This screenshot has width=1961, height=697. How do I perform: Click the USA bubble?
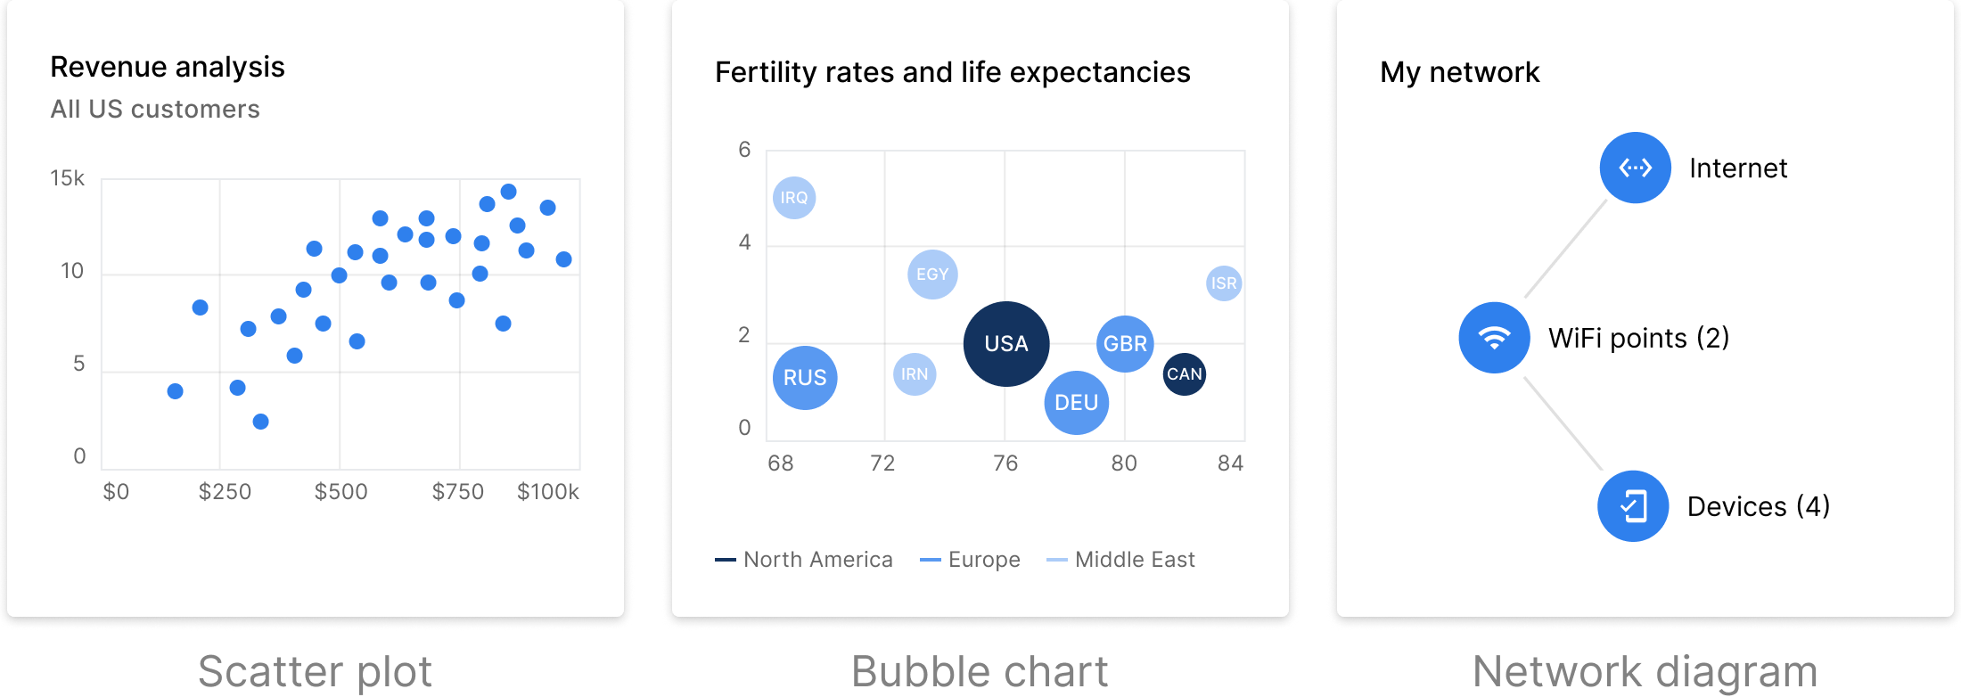pos(1006,344)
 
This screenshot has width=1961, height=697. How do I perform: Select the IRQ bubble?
pos(794,198)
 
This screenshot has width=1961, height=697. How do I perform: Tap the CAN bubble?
pos(1185,374)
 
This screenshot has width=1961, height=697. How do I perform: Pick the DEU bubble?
pos(1077,403)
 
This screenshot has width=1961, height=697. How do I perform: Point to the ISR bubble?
pos(1224,283)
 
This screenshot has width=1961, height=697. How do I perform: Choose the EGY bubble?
pos(932,275)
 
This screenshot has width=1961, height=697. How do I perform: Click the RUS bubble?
pos(805,378)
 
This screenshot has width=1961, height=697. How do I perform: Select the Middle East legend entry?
pos(1121,560)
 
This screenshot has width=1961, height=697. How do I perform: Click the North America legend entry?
pos(804,560)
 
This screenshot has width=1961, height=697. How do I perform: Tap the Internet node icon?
pos(1636,168)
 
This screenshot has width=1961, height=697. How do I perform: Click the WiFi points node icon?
pos(1495,338)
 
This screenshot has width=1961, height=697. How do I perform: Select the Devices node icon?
pos(1633,506)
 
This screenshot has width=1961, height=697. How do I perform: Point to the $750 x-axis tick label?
pos(457,492)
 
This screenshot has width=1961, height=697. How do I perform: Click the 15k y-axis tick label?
pos(67,178)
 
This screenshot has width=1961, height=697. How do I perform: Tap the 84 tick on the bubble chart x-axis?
pos(1230,463)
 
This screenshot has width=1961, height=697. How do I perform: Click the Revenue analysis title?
pos(168,67)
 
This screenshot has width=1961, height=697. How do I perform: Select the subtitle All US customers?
pos(155,110)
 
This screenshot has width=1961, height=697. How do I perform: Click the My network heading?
pos(1459,72)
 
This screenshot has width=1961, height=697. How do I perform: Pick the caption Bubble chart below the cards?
pos(980,671)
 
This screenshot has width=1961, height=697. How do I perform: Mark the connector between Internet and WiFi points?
pos(1566,249)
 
